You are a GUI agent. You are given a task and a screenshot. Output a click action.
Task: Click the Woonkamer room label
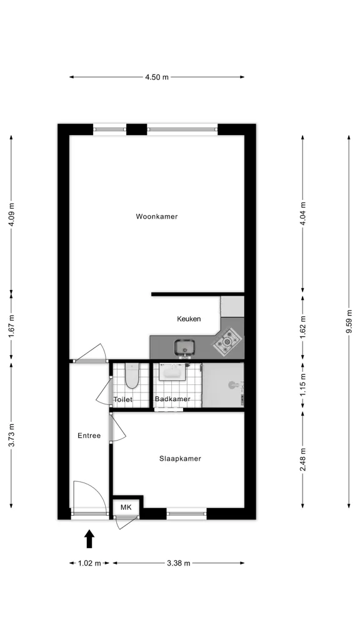tap(157, 217)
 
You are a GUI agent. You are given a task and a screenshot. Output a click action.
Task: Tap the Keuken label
tap(189, 319)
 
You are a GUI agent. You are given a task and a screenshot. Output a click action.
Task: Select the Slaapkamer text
tap(180, 459)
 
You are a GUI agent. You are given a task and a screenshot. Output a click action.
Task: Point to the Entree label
tap(89, 436)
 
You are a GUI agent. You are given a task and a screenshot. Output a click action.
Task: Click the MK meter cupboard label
tap(126, 507)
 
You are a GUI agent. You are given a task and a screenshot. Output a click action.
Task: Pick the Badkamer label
tap(172, 399)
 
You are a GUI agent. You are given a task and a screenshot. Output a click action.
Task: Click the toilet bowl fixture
tap(131, 376)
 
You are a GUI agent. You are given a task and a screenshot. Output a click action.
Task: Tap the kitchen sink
tap(185, 347)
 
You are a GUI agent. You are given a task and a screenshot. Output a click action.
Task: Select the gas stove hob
tap(227, 341)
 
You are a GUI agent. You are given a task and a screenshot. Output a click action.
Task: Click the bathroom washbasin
tap(172, 372)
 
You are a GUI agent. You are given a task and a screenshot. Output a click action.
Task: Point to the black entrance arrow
tap(89, 539)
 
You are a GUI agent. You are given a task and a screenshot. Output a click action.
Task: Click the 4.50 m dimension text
tap(157, 77)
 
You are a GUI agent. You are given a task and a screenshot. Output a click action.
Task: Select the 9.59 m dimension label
tap(349, 322)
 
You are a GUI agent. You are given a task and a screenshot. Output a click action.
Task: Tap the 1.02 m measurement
tap(89, 563)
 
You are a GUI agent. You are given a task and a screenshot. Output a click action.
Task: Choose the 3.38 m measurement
tap(178, 563)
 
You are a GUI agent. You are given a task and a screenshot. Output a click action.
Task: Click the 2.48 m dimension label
tap(302, 459)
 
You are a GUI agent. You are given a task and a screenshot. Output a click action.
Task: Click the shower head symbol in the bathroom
tap(233, 384)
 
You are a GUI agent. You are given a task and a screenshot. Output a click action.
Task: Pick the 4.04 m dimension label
tap(302, 214)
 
